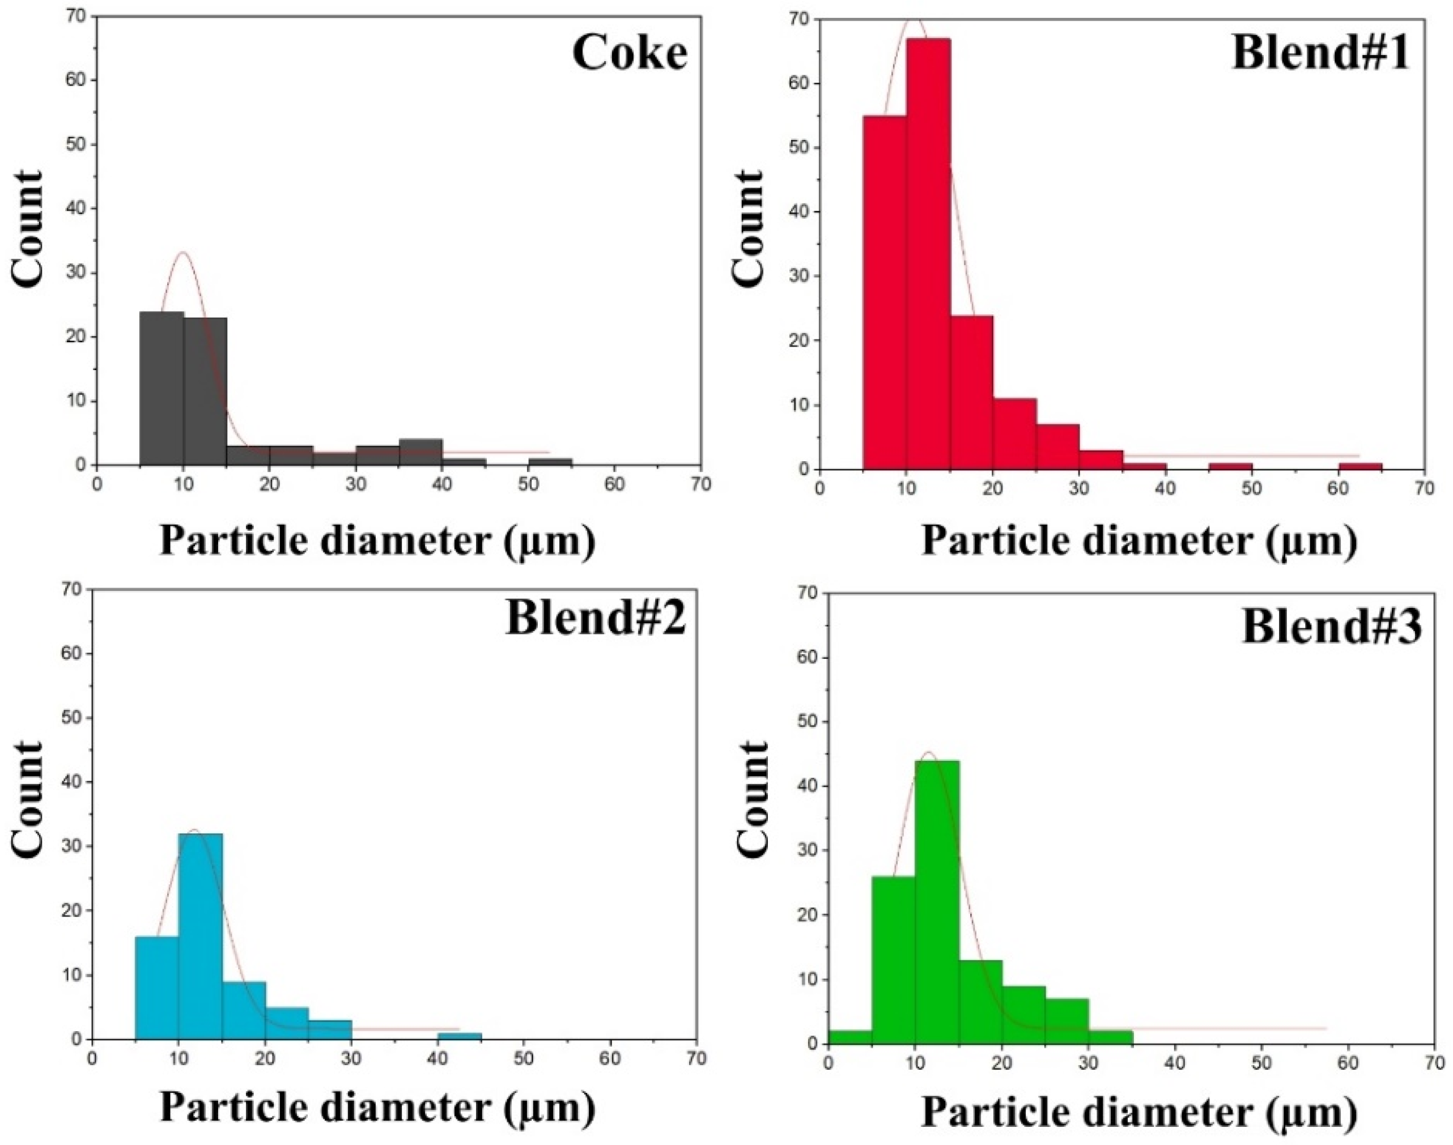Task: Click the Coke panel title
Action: click(x=630, y=54)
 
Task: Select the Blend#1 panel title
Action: click(x=1320, y=54)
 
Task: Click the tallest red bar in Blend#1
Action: click(x=928, y=254)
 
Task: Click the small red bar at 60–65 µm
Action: click(x=1361, y=466)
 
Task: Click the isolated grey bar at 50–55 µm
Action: click(x=550, y=461)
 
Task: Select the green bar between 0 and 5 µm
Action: click(x=850, y=1037)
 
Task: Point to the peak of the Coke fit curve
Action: click(x=182, y=252)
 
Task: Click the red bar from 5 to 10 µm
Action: click(x=885, y=293)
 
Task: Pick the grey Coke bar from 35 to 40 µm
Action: click(x=420, y=452)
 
